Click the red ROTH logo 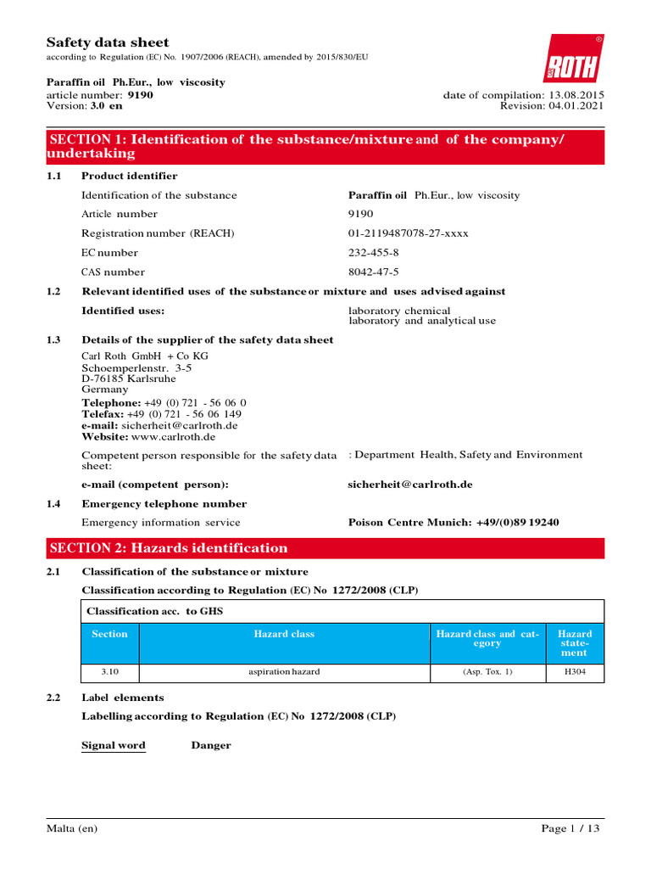[x=574, y=59]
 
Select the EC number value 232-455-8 [x=374, y=253]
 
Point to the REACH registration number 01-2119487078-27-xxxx [x=409, y=233]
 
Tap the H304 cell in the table [x=574, y=672]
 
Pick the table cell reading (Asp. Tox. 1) [x=487, y=672]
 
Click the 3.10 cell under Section [x=109, y=672]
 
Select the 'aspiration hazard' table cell [x=284, y=672]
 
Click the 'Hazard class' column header [x=284, y=635]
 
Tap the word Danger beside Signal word [x=211, y=746]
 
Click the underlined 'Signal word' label [x=114, y=746]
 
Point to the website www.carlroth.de [x=174, y=437]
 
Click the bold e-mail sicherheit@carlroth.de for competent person [x=410, y=485]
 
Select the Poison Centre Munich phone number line [x=453, y=523]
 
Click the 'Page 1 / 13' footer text [x=572, y=828]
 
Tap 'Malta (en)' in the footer [x=72, y=828]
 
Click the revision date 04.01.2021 [x=576, y=106]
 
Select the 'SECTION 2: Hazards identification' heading [x=169, y=548]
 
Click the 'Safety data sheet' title [x=107, y=42]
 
